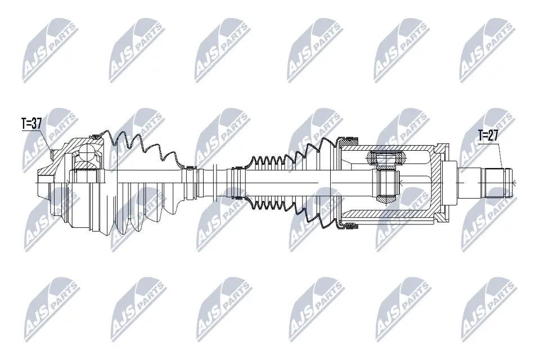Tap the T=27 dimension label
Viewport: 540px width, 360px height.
488,135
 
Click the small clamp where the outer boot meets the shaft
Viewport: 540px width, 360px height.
190,168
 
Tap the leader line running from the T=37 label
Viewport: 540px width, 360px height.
49,141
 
